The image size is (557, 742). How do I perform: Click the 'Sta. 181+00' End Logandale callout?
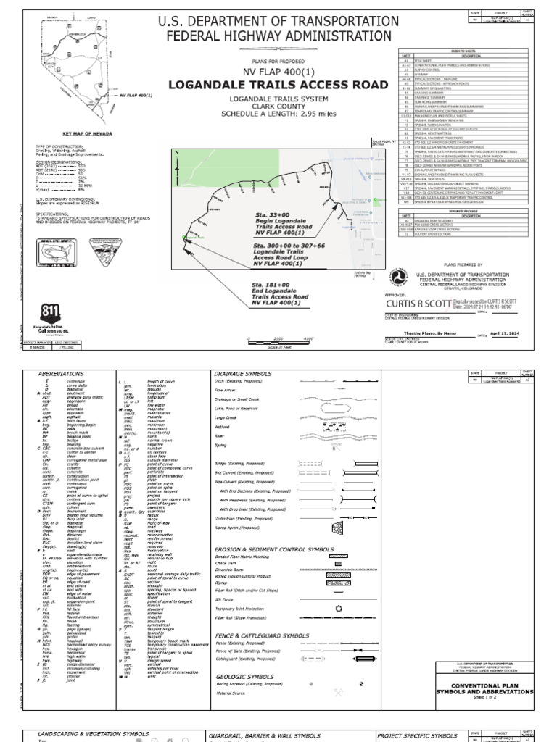(x=280, y=291)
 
